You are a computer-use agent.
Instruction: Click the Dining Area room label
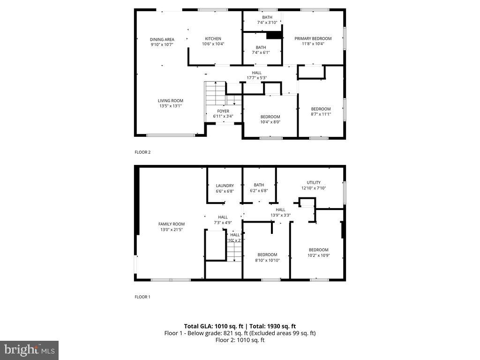(162, 39)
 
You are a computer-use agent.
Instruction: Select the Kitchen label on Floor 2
(213, 39)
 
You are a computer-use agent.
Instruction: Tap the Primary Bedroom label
(313, 39)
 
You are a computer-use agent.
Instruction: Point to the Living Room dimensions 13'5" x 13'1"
(170, 106)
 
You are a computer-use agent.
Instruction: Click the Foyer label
(223, 111)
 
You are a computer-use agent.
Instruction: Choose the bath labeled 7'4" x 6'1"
(261, 50)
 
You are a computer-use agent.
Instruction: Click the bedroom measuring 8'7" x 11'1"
(321, 111)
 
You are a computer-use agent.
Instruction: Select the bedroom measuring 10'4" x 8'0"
(270, 119)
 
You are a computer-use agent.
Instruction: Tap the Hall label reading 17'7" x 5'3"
(256, 75)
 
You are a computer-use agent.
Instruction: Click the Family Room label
(172, 224)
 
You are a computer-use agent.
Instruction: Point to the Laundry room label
(225, 186)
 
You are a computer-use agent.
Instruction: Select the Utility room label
(314, 183)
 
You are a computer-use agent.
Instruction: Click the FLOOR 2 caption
(142, 152)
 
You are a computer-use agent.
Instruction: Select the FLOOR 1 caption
(142, 297)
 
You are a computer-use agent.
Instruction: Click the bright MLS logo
(30, 350)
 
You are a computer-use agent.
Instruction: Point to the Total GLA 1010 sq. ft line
(240, 326)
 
